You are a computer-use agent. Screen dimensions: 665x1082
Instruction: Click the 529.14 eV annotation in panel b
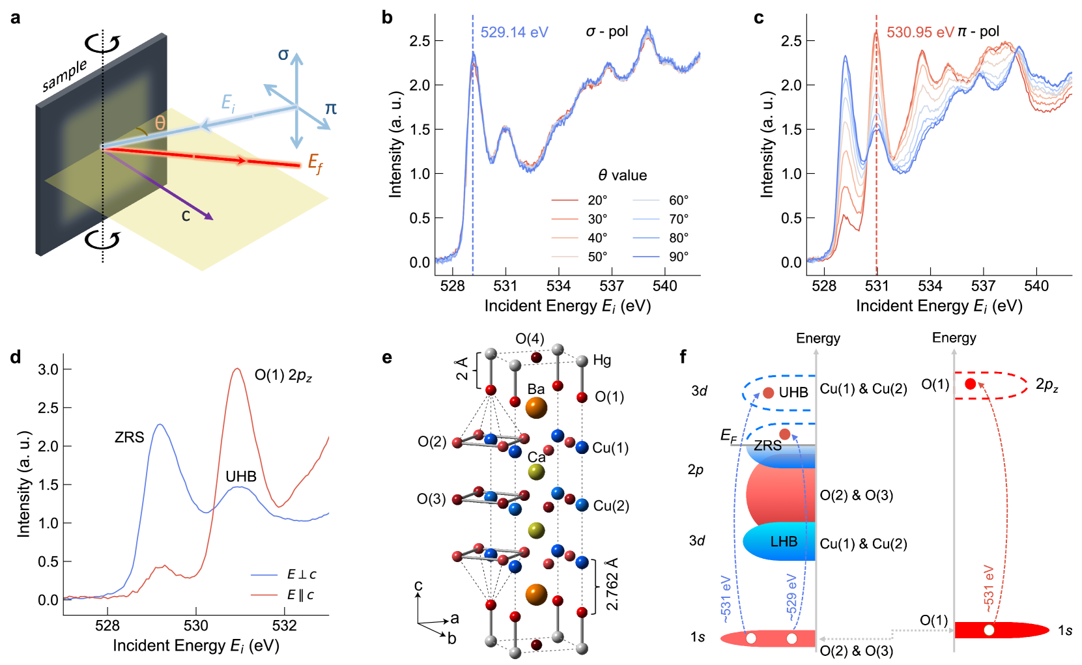pos(514,32)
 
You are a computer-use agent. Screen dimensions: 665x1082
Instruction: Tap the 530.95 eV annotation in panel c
pos(920,32)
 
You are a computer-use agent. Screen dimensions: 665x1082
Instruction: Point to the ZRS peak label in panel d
pos(129,437)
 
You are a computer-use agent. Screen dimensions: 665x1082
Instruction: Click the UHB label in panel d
pos(241,476)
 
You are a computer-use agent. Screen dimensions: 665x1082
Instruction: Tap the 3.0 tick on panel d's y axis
pos(48,369)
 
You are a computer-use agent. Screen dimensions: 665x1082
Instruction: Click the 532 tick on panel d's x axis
pos(284,626)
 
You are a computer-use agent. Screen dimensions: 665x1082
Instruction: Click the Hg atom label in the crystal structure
pos(602,360)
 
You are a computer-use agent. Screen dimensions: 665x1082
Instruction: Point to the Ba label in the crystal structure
pos(535,389)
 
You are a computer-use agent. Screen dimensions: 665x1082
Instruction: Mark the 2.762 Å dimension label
pos(612,584)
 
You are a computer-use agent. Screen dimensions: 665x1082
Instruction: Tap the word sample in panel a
pos(64,76)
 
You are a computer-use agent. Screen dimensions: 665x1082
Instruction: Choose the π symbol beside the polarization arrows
pos(331,108)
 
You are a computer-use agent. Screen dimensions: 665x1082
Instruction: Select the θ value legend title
pos(622,175)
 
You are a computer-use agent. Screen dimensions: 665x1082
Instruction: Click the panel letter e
pos(387,357)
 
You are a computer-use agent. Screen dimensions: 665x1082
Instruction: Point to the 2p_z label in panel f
pos(1047,385)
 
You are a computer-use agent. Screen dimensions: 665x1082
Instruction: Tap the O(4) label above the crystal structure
pos(530,339)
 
